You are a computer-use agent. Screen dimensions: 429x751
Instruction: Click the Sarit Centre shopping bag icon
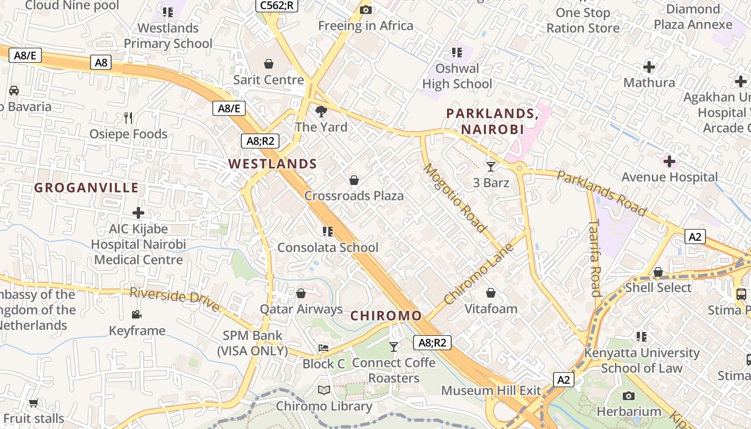[x=269, y=64]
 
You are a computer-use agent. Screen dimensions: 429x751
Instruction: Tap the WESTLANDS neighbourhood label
[x=273, y=164]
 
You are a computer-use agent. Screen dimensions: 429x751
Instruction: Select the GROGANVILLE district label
[x=86, y=188]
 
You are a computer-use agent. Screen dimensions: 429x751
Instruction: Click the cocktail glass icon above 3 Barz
[x=490, y=167]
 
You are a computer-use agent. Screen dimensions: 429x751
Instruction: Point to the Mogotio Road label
[x=455, y=198]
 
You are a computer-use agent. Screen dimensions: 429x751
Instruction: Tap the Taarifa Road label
[x=595, y=257]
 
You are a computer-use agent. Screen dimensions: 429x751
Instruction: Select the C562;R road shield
[x=276, y=5]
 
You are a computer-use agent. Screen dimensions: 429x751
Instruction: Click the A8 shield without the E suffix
[x=101, y=63]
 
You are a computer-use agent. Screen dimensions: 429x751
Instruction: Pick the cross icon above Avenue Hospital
[x=669, y=161]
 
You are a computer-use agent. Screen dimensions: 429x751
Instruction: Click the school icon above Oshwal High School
[x=457, y=53]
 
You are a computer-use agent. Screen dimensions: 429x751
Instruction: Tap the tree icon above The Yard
[x=321, y=112]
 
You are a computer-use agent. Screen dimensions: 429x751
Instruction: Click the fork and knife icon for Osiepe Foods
[x=128, y=118]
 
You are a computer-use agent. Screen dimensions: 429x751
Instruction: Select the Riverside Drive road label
[x=175, y=299]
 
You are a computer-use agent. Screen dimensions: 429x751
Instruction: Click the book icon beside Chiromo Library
[x=323, y=390]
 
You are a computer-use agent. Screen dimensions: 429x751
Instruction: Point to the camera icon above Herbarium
[x=629, y=396]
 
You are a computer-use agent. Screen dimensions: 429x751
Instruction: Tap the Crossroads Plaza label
[x=354, y=196]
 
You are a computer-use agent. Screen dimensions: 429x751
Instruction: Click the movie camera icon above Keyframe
[x=137, y=314]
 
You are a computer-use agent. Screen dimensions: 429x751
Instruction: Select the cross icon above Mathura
[x=649, y=67]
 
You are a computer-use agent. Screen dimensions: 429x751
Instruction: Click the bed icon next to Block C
[x=323, y=348]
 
